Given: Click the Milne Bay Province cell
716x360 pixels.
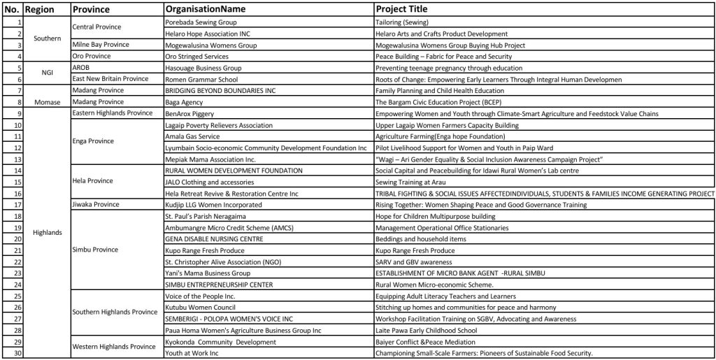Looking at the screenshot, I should point(101,45).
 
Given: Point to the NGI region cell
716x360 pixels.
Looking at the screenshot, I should point(47,73).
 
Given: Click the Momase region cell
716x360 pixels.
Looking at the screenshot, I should point(47,102).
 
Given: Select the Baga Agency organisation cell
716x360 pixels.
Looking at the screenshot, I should point(185,102).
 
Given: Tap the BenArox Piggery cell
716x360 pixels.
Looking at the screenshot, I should point(189,113).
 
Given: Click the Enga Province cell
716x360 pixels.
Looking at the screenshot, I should point(92,141).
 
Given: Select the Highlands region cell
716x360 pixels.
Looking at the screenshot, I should point(47,233).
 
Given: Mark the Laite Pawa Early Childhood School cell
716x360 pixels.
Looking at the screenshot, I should point(427,330).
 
